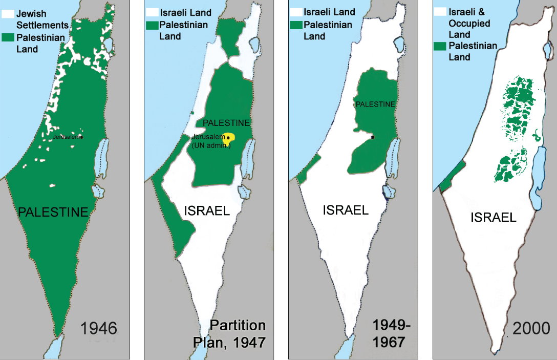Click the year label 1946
tap(99, 328)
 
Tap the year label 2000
tap(531, 328)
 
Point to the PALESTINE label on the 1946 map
tap(53, 211)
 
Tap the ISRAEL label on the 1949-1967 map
tap(346, 210)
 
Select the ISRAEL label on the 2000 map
tap(493, 217)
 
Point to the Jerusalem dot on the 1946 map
tap(81, 137)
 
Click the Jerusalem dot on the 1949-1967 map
tap(373, 137)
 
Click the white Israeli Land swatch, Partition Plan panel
tap(152, 12)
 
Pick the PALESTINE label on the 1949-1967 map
tap(375, 104)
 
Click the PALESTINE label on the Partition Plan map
tap(226, 123)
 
